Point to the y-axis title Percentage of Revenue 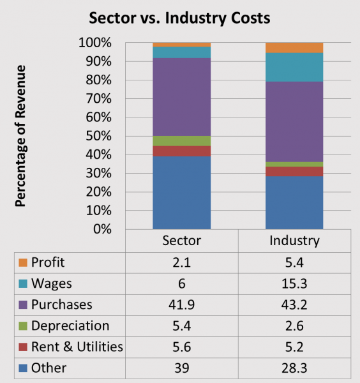pyautogui.click(x=20, y=135)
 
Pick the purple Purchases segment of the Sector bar pyautogui.click(x=181, y=97)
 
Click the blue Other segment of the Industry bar pyautogui.click(x=294, y=202)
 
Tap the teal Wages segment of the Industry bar pyautogui.click(x=294, y=67)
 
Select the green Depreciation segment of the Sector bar pyautogui.click(x=181, y=141)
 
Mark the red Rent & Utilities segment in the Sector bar pyautogui.click(x=181, y=151)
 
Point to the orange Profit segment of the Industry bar pyautogui.click(x=294, y=48)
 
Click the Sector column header pyautogui.click(x=181, y=242)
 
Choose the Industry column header pyautogui.click(x=294, y=242)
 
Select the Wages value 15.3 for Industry pyautogui.click(x=294, y=284)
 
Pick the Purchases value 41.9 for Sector pyautogui.click(x=181, y=305)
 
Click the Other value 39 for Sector pyautogui.click(x=181, y=368)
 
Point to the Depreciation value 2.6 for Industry pyautogui.click(x=294, y=326)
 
